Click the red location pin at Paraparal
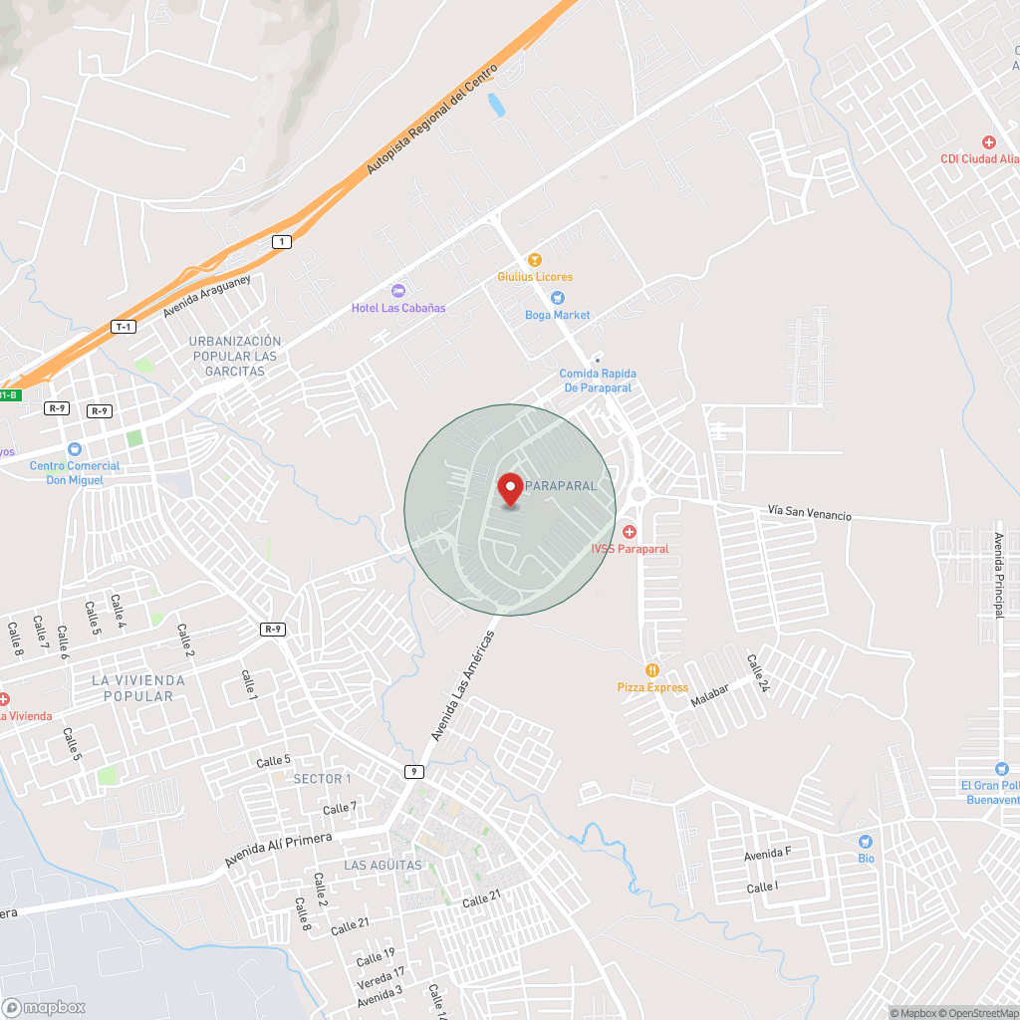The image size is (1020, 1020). tap(510, 489)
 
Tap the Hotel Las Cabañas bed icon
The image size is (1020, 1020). tap(398, 290)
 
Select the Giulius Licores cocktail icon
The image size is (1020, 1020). tap(535, 259)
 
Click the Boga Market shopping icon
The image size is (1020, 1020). tap(557, 297)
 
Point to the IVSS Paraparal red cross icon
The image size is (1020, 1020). tap(630, 532)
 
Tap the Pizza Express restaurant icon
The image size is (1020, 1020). tap(652, 670)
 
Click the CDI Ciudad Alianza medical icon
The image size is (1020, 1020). tap(988, 142)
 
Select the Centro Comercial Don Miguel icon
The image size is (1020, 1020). tap(74, 449)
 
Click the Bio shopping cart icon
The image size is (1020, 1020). tap(865, 842)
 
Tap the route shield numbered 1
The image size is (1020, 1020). tap(282, 242)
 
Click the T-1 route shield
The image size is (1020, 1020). tap(124, 327)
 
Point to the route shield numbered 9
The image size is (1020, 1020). tap(414, 772)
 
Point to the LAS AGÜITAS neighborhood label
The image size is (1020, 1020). tap(382, 866)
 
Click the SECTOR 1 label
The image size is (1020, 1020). tap(322, 779)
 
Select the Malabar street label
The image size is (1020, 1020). tap(710, 695)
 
